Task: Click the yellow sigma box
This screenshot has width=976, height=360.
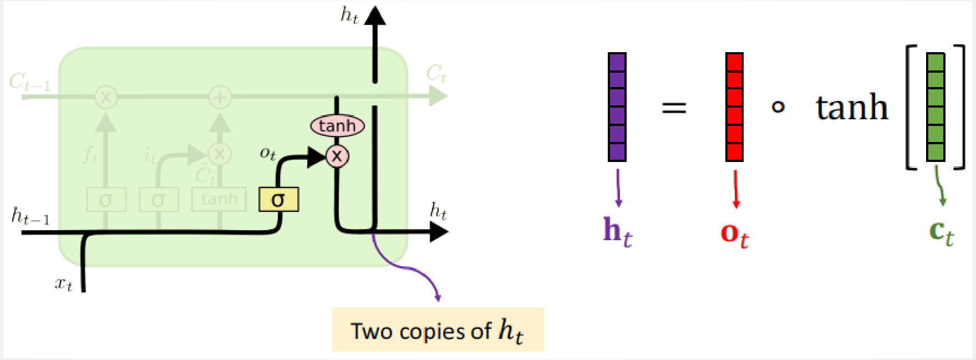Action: click(x=278, y=200)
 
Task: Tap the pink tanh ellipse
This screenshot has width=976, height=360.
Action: click(x=337, y=126)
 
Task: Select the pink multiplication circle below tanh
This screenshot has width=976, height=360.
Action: click(x=337, y=156)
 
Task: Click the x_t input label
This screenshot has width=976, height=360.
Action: click(x=64, y=284)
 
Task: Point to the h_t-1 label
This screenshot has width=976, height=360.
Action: click(x=30, y=216)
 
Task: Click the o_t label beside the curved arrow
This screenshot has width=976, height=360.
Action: click(x=268, y=153)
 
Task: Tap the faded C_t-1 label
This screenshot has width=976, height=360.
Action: click(x=29, y=83)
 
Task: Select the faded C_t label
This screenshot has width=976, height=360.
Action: click(x=436, y=74)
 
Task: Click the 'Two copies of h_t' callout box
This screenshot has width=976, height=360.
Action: click(x=438, y=329)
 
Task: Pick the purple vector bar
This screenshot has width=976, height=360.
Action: click(x=617, y=107)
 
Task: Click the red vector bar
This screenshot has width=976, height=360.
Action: click(x=734, y=107)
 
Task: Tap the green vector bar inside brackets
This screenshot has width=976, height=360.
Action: click(x=936, y=107)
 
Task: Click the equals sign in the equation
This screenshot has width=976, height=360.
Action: click(x=674, y=107)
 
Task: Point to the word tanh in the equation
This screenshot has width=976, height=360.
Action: click(x=852, y=107)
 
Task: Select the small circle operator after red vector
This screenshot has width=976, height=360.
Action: click(x=778, y=107)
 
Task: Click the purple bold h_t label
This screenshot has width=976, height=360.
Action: click(x=617, y=232)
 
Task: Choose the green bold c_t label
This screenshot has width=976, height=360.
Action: click(x=941, y=232)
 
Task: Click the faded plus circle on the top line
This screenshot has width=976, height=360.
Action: click(x=220, y=98)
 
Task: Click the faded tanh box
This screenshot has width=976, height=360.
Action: click(x=219, y=199)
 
